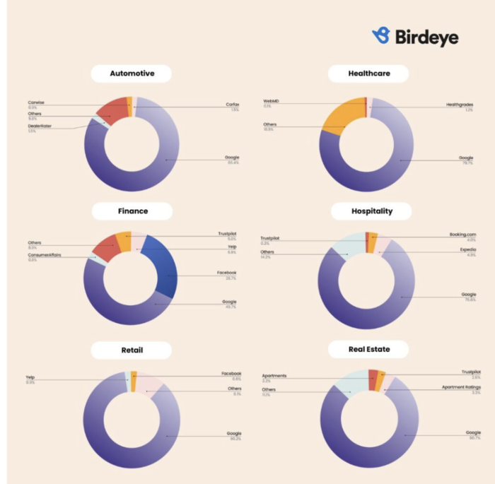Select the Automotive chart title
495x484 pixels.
[132, 73]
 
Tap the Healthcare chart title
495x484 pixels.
[368, 73]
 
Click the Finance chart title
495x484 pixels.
[133, 211]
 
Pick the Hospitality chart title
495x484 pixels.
[371, 211]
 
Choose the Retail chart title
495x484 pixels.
[132, 350]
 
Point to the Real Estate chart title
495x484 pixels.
[368, 349]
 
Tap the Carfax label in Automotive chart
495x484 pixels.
[233, 105]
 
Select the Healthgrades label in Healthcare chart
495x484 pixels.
[459, 105]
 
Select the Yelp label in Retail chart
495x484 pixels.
[30, 377]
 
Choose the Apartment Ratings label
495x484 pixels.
[461, 387]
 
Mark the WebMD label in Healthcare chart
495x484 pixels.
[271, 101]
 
